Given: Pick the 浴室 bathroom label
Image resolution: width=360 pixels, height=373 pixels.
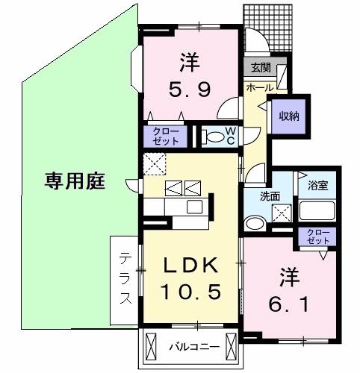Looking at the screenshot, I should pyautogui.click(x=319, y=185).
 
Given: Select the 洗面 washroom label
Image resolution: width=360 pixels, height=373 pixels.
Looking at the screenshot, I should pyautogui.click(x=259, y=197).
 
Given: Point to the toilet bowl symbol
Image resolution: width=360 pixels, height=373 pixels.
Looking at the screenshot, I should pyautogui.click(x=215, y=137).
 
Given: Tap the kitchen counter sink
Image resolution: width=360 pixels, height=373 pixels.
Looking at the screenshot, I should pyautogui.click(x=195, y=206).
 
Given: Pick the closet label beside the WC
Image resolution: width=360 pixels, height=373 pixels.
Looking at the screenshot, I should pyautogui.click(x=167, y=136).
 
